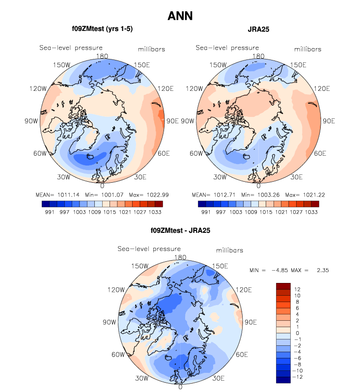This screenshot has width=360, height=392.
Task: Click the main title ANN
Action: click(x=180, y=16)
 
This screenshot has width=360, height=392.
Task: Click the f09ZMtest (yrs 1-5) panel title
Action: click(x=102, y=29)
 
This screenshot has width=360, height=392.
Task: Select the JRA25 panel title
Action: click(x=258, y=29)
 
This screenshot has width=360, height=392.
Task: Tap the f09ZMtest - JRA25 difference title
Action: click(x=180, y=230)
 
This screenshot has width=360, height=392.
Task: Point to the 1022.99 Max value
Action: click(x=151, y=195)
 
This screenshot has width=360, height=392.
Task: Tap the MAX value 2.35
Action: click(x=315, y=270)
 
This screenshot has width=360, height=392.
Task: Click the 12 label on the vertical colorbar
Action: click(x=297, y=289)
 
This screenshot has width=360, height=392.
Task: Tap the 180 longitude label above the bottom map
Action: click(x=180, y=257)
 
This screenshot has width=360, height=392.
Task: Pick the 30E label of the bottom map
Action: click(x=219, y=378)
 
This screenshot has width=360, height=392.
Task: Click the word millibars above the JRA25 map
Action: click(x=308, y=49)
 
